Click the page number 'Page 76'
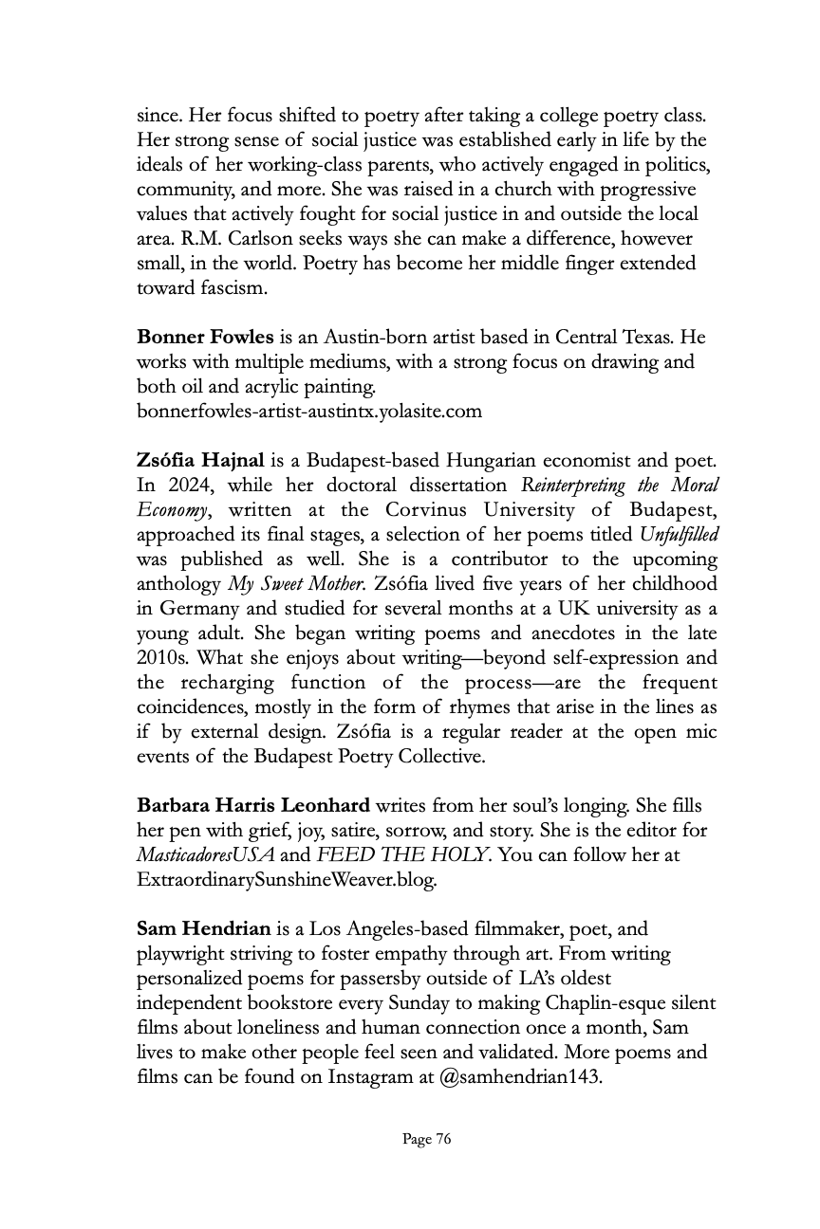pos(426,1140)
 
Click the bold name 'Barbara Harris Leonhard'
pos(253,806)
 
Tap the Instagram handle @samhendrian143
pos(520,1077)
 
